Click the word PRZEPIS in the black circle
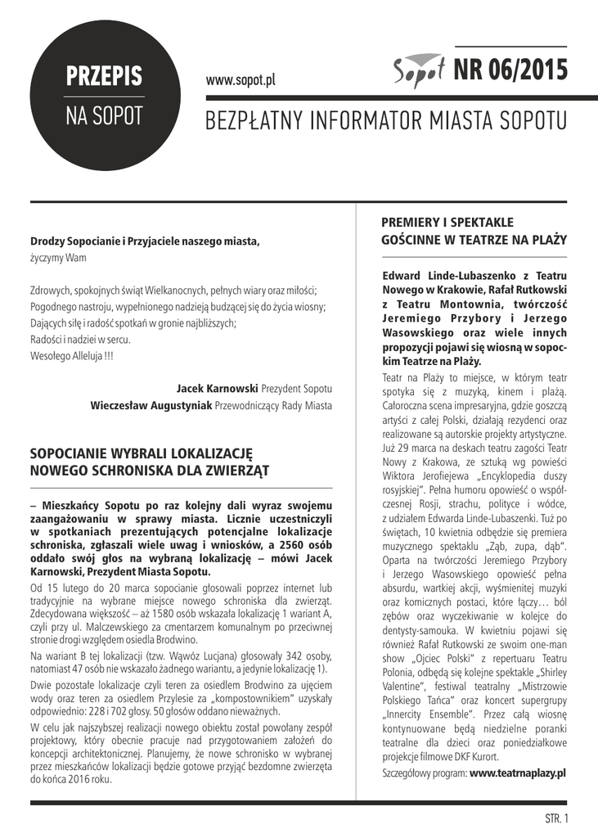click(x=104, y=76)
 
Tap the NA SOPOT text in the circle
click(x=104, y=116)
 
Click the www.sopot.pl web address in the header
click(x=241, y=80)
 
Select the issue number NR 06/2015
click(x=510, y=72)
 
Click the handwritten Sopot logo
click(x=418, y=73)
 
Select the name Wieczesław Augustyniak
click(x=151, y=405)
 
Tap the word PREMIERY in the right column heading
click(x=414, y=222)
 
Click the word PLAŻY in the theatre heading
click(x=548, y=240)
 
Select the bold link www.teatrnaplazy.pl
click(x=517, y=773)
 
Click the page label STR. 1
click(x=555, y=818)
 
